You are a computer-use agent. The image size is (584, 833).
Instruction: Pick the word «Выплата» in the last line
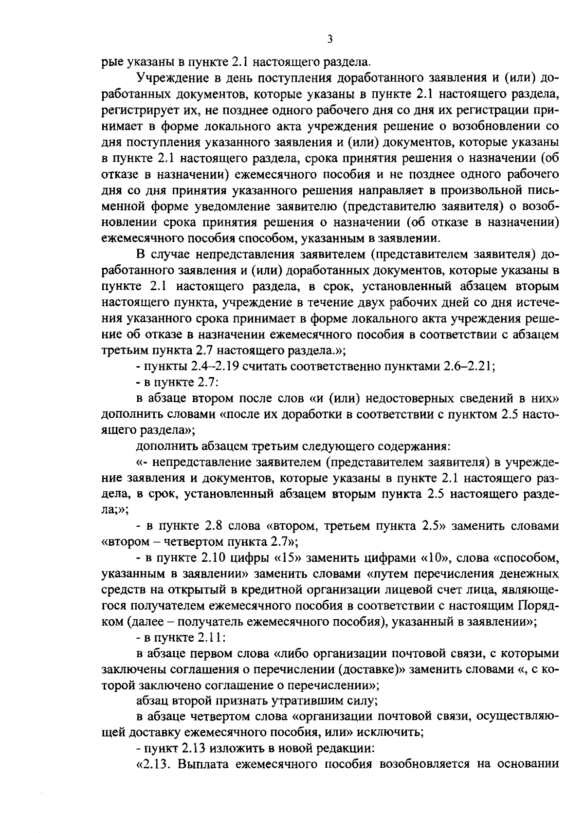[x=201, y=764]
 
